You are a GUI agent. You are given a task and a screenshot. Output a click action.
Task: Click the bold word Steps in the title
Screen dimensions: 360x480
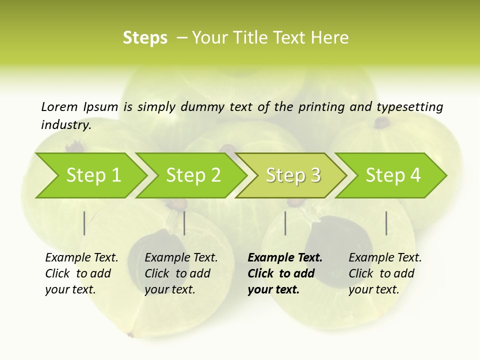coord(145,38)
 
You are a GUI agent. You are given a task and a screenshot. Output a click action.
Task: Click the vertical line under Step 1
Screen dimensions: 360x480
coord(84,223)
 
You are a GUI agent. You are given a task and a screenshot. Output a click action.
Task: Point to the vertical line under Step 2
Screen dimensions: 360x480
coord(184,223)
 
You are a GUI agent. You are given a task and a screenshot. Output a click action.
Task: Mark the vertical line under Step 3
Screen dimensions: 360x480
coord(285,223)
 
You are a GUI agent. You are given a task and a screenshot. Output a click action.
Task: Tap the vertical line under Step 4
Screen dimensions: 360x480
coord(386,223)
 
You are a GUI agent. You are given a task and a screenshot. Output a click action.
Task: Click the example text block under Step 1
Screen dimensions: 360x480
coord(81,273)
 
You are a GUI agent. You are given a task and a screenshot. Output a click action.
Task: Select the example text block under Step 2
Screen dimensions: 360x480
coord(181,273)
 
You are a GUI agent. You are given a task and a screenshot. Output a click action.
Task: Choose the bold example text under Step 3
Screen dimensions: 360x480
coord(285,273)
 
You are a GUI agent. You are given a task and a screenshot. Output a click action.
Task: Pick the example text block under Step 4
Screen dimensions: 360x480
coord(385,273)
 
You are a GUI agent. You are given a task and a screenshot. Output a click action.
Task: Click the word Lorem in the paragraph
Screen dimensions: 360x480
coord(59,106)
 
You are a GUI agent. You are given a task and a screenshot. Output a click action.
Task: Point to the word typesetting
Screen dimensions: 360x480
coord(409,107)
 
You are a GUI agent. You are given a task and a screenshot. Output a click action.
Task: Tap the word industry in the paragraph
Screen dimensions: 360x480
coord(66,124)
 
